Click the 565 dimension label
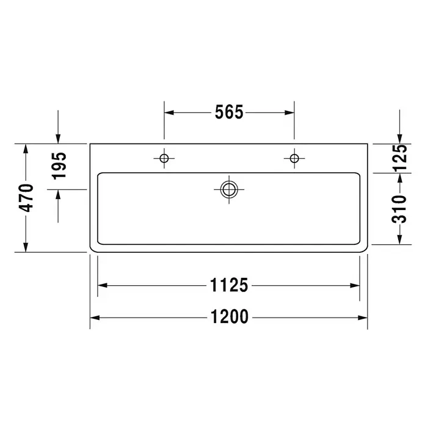tap(229, 112)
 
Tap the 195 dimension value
tap(59, 166)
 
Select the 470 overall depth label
tap(26, 198)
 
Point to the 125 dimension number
tap(399, 158)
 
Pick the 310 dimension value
tap(399, 209)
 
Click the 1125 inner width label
tap(229, 285)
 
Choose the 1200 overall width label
tap(230, 316)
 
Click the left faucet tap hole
tap(164, 158)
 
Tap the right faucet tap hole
tap(294, 158)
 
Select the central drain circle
tap(229, 189)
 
